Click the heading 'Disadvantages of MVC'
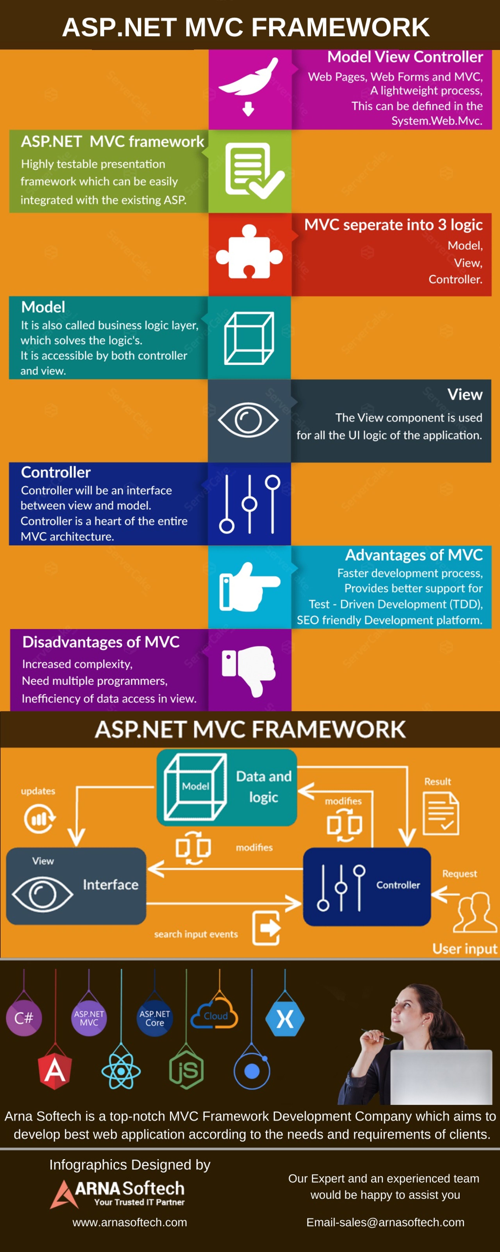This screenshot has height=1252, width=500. point(101,642)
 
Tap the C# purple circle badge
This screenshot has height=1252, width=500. point(24,1018)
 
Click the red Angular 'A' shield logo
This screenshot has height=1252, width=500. point(55,1071)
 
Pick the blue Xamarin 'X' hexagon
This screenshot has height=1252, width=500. point(285,1019)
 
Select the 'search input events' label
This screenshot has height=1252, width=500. point(196,934)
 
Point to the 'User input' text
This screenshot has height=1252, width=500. point(465,949)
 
